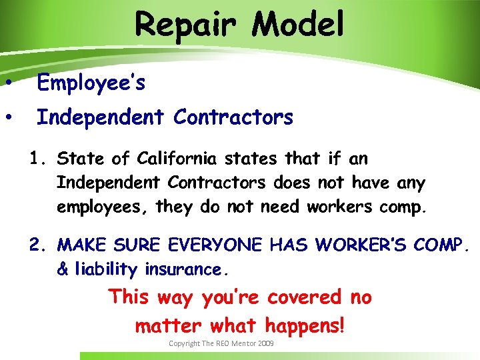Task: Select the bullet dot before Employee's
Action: (x=9, y=83)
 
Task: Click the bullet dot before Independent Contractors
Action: (x=9, y=118)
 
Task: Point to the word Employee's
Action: (x=91, y=83)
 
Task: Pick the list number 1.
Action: (x=36, y=159)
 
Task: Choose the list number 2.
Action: (x=36, y=245)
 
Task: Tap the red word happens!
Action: (x=305, y=325)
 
